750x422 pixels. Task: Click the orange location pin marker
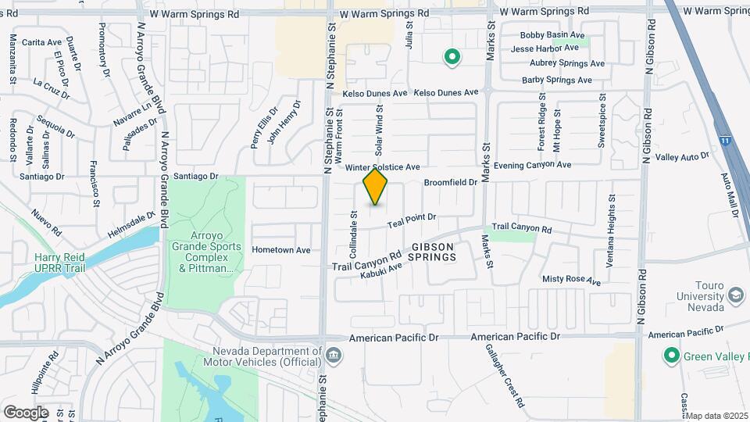375,187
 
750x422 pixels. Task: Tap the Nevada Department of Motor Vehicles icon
334,356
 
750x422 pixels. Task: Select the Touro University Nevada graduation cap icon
735,295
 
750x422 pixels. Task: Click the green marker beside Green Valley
670,356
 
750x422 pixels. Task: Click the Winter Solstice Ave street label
383,167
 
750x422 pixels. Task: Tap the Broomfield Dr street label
450,182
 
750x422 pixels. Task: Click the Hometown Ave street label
281,250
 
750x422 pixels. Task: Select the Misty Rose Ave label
572,279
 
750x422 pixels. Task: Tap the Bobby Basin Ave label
552,35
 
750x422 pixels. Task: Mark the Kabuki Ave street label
380,271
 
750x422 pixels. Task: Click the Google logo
26,412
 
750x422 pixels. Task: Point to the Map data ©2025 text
717,415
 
